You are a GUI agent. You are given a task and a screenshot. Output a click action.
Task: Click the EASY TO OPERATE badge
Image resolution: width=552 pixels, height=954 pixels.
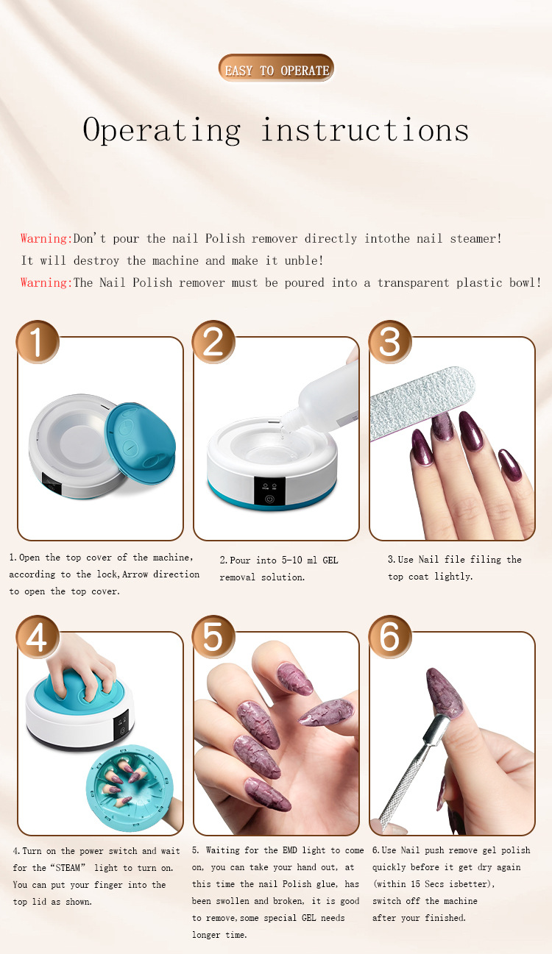coord(276,68)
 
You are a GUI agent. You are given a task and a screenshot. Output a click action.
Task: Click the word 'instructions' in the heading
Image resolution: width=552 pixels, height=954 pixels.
coord(365,130)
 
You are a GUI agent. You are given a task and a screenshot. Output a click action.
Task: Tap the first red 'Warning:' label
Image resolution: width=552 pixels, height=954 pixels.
coord(46,238)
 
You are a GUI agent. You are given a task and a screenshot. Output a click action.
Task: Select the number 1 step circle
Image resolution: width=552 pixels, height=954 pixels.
coord(38,341)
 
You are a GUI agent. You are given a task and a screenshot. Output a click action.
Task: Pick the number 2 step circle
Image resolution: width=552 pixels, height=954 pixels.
coord(213,341)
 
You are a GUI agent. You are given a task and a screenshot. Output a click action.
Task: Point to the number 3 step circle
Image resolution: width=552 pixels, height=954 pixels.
coord(389,341)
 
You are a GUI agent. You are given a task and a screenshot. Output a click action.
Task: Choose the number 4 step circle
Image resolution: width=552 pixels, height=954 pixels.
coord(38,636)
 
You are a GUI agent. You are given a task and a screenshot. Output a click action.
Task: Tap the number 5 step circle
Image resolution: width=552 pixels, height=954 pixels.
coord(213,636)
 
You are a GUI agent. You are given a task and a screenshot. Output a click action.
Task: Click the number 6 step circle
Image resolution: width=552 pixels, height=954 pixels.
coord(389,636)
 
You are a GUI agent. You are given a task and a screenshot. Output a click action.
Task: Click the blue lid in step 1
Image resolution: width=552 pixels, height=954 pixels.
coord(141,443)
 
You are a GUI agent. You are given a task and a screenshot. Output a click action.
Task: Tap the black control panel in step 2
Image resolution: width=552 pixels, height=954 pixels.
coord(270,491)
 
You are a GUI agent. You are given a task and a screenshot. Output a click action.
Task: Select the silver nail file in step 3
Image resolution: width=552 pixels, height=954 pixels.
coord(422,403)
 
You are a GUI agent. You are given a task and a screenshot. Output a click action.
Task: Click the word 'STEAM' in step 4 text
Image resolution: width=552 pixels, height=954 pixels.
coord(68,867)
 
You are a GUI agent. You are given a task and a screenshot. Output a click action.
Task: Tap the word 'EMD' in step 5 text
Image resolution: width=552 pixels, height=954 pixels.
coord(289,850)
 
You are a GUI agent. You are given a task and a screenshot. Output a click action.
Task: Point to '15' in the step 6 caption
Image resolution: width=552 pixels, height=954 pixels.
coord(416,883)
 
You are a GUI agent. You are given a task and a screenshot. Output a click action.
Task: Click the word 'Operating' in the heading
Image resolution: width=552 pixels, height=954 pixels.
coord(161,130)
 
